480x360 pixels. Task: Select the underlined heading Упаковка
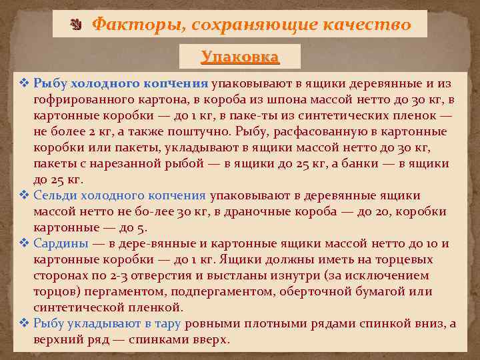(240, 56)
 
